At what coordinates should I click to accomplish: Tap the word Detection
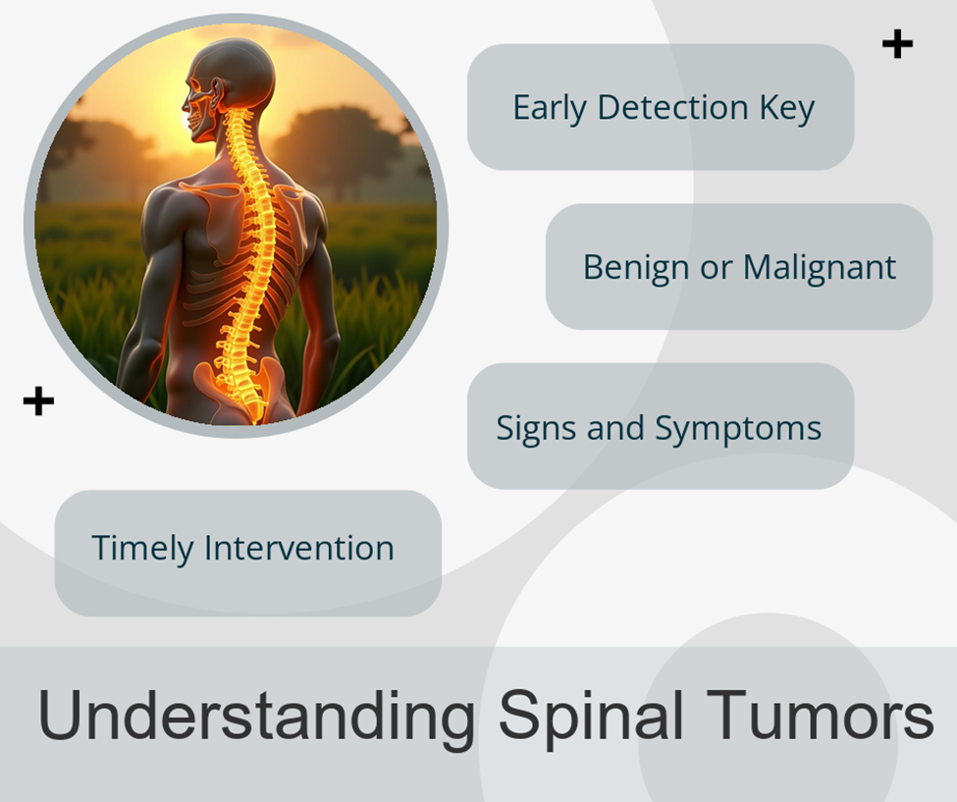672,107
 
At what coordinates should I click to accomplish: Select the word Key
787,109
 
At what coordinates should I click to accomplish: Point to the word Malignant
819,268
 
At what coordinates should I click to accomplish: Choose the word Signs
536,428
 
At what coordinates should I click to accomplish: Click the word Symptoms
738,428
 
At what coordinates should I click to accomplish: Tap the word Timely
141,548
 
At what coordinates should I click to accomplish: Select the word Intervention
299,548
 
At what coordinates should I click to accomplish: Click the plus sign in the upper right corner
897,44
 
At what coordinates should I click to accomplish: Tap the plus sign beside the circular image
38,401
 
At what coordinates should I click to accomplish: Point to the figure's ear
218,93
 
